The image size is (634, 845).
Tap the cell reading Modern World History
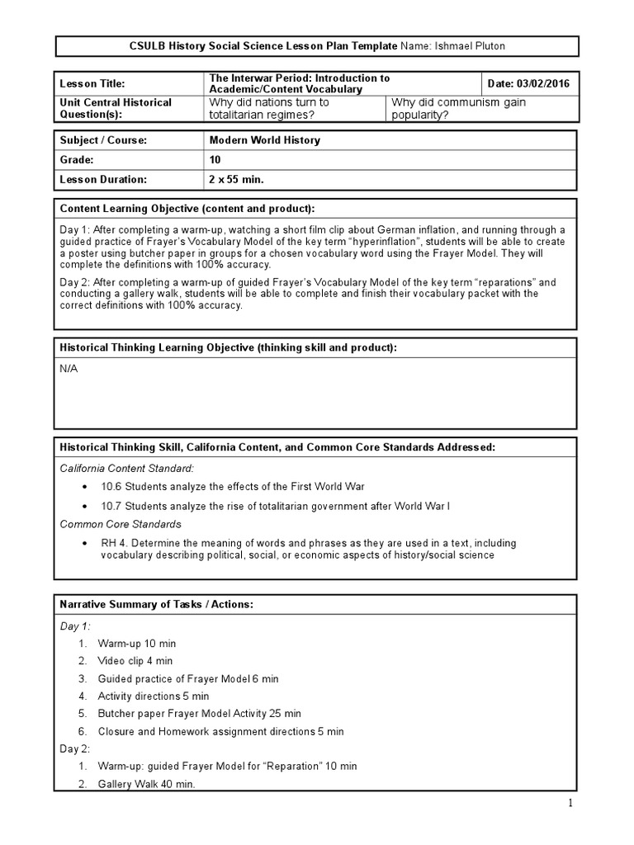tap(265, 140)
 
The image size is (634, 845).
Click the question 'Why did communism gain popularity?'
tap(458, 108)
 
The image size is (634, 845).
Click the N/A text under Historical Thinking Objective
tap(69, 368)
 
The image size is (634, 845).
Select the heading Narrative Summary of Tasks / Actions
tap(156, 605)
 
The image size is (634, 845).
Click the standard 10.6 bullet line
tap(233, 486)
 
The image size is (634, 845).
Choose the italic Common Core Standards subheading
tap(121, 524)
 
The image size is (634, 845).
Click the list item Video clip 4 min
tap(135, 661)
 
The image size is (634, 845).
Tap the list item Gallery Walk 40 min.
tap(147, 785)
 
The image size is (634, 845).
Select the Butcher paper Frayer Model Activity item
tap(199, 714)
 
